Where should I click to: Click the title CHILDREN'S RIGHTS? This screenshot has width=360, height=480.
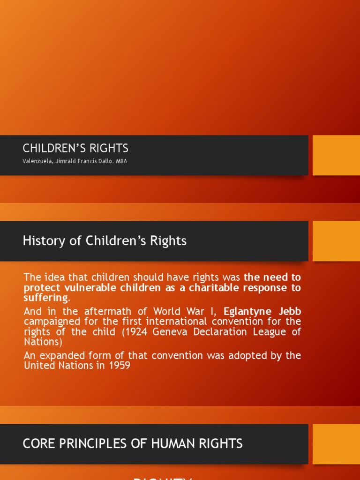pyautogui.click(x=75, y=149)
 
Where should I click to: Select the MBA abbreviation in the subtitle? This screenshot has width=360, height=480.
pyautogui.click(x=122, y=161)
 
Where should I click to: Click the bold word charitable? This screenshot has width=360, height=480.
pyautogui.click(x=214, y=288)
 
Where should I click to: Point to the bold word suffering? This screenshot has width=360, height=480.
pyautogui.click(x=45, y=298)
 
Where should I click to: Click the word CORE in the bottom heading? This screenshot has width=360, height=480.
pyautogui.click(x=37, y=444)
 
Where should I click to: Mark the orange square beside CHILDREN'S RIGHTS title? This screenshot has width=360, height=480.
pyautogui.click(x=336, y=155)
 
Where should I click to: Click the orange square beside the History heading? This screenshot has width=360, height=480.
pyautogui.click(x=336, y=241)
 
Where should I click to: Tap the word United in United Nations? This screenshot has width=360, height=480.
pyautogui.click(x=39, y=365)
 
